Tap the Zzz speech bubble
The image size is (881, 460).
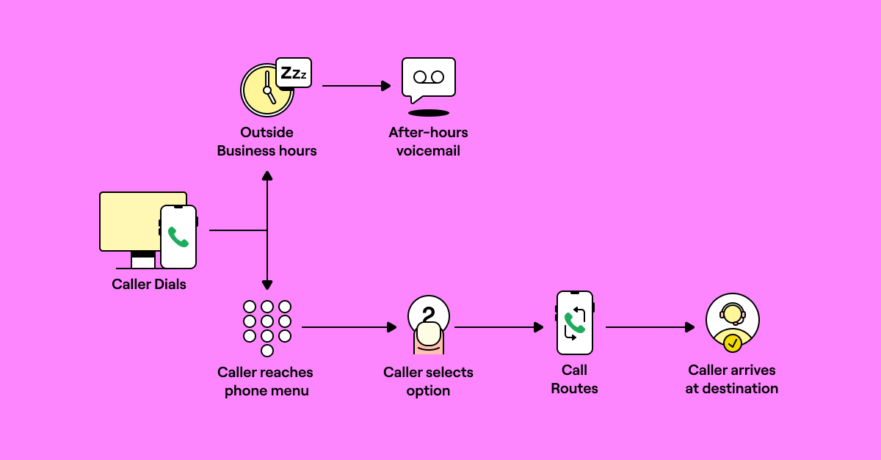tap(294, 73)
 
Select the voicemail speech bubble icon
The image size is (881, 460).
tap(428, 78)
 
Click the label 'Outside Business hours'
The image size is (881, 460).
tap(267, 142)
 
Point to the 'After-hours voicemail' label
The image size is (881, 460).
tap(428, 142)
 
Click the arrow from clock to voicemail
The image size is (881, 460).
tap(356, 86)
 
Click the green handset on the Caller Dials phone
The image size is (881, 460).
tap(178, 237)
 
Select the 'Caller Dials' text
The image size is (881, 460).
tap(149, 284)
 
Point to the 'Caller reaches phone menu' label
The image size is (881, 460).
tap(266, 381)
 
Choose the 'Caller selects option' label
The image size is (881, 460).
tap(428, 381)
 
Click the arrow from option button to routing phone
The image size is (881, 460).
tap(498, 327)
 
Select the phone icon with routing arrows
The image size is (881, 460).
tap(574, 323)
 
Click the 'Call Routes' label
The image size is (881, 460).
tap(574, 379)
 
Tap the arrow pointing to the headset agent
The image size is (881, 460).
tap(650, 327)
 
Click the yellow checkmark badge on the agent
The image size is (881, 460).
tap(732, 343)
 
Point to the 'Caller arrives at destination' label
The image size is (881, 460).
tap(732, 379)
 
